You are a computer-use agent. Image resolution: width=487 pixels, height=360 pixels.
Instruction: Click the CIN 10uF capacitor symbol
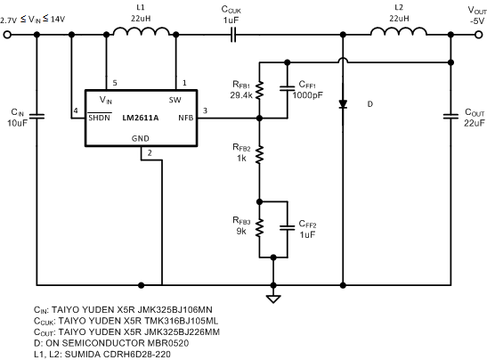pos(37,115)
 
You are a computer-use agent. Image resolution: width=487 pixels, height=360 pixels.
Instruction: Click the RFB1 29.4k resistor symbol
pos(259,89)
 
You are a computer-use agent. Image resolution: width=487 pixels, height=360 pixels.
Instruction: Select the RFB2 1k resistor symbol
pos(259,156)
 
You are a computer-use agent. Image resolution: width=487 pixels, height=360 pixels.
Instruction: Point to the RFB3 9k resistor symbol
pos(259,227)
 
